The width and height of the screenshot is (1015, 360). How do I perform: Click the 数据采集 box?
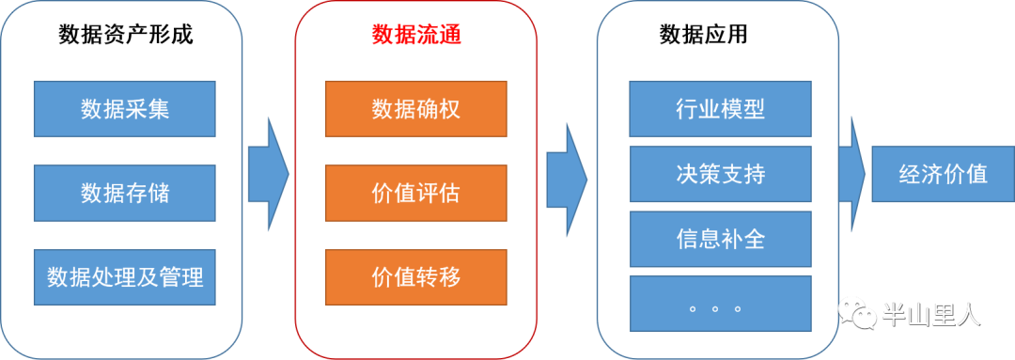(x=125, y=108)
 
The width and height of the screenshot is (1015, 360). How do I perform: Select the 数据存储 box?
(x=125, y=193)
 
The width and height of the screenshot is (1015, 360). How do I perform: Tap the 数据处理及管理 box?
(x=125, y=277)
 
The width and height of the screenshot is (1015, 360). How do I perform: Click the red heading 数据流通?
(x=415, y=36)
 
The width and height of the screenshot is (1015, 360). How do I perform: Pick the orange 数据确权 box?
(x=415, y=108)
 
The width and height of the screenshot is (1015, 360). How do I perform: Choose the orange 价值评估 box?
(x=415, y=193)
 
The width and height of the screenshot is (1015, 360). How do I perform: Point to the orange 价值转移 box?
(x=415, y=277)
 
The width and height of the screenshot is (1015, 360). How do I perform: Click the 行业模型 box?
(x=720, y=108)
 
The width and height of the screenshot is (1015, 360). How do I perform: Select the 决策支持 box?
(x=720, y=174)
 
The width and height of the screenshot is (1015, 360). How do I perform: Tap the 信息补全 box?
(x=720, y=238)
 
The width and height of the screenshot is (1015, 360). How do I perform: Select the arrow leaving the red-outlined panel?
(x=566, y=174)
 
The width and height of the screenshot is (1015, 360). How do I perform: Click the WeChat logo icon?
(x=856, y=312)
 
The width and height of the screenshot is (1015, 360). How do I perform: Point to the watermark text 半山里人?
(x=930, y=314)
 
